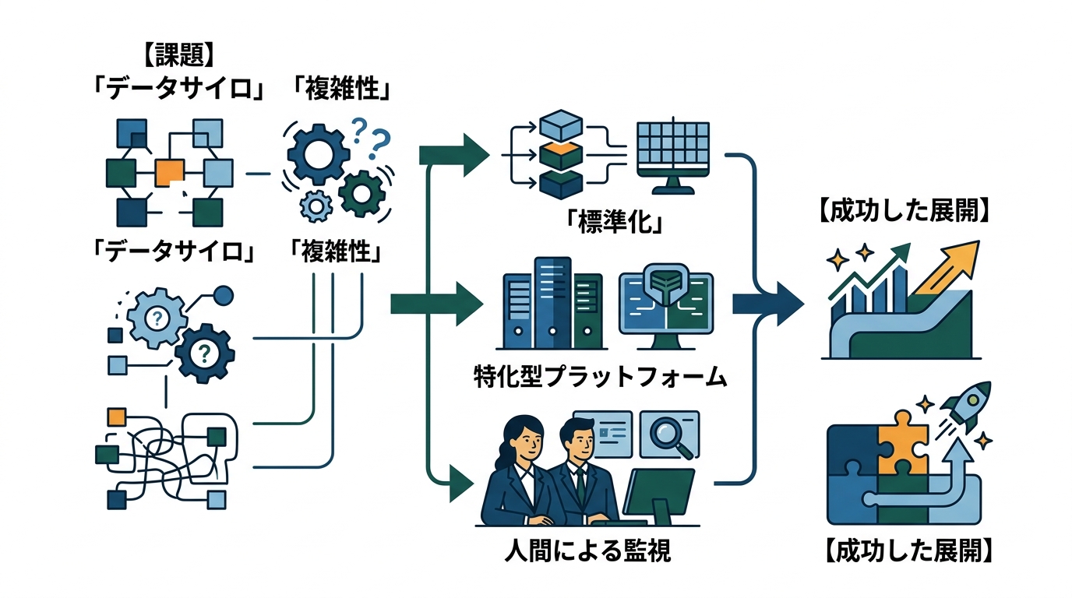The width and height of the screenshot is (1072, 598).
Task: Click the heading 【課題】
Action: pos(178,55)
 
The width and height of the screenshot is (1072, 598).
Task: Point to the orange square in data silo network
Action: pos(170,171)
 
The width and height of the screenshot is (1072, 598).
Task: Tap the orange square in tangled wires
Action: pos(117,416)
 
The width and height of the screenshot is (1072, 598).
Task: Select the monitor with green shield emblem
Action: pos(666,305)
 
